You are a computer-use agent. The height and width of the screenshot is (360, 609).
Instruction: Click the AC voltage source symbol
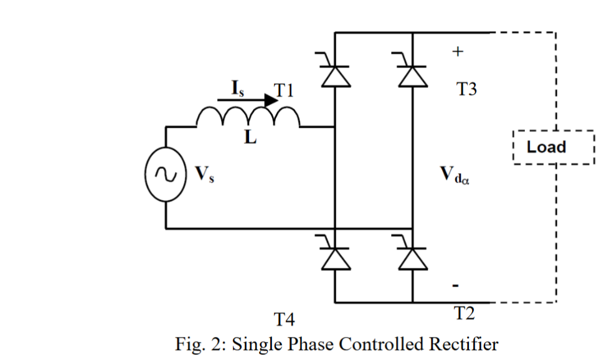(x=166, y=175)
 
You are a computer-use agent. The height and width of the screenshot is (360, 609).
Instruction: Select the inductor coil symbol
(x=248, y=116)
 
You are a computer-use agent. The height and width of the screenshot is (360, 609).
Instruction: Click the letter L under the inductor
(x=250, y=138)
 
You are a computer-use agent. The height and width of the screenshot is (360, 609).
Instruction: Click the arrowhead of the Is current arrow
(x=270, y=100)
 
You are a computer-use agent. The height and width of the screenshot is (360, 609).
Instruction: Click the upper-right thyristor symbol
(x=412, y=74)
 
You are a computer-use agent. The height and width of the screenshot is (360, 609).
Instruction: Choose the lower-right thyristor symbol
(x=412, y=257)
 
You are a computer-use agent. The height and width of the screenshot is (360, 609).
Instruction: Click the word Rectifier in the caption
(x=463, y=344)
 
